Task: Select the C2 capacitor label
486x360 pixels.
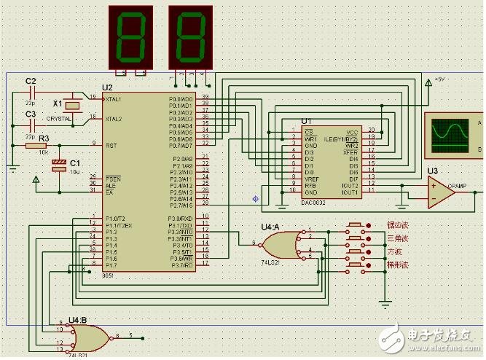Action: [x=31, y=80]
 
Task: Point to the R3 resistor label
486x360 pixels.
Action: [x=44, y=137]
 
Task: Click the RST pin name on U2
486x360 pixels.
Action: [x=111, y=145]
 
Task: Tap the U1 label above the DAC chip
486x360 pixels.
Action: [x=305, y=121]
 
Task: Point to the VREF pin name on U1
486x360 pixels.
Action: [x=312, y=179]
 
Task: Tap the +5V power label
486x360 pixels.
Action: [x=439, y=79]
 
